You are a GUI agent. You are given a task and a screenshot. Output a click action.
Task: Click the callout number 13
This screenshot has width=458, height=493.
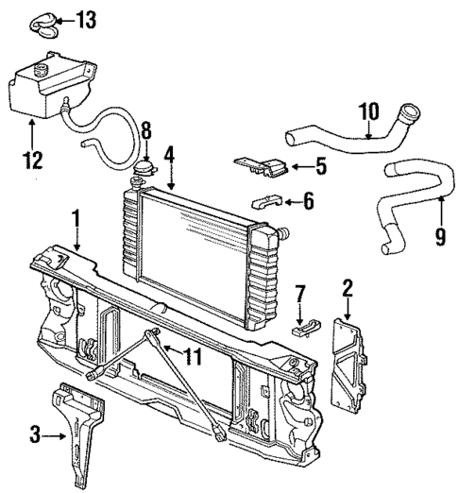pos(86,18)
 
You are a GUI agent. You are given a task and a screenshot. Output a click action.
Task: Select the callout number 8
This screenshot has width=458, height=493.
pos(146,130)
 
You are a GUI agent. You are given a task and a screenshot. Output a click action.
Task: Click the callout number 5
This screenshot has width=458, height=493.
pos(321,168)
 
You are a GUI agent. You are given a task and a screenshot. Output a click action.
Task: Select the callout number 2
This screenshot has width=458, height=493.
pos(348,288)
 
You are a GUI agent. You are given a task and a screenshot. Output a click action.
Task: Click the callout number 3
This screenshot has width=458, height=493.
pos(35,435)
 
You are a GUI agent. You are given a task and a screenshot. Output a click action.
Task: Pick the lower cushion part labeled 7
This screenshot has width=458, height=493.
pos(302,329)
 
